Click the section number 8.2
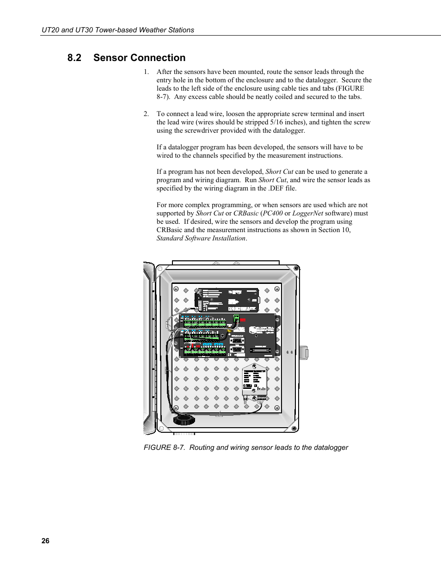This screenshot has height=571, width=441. click(74, 58)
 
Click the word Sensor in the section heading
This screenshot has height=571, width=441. click(110, 58)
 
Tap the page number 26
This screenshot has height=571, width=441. click(45, 540)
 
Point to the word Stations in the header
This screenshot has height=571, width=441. click(181, 30)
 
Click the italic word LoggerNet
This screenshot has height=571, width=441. click(307, 213)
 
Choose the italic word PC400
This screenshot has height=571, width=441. click(273, 213)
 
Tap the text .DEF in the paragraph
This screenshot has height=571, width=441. click(276, 188)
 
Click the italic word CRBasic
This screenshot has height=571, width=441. click(246, 213)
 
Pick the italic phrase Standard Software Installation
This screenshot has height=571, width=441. click(201, 238)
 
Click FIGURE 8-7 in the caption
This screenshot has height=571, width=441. click(164, 448)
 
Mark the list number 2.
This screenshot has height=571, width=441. click(146, 114)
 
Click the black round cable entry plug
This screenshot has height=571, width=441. click(184, 419)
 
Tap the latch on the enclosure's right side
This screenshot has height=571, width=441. click(304, 352)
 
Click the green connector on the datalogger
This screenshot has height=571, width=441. click(236, 319)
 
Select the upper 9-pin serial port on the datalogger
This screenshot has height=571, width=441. click(237, 340)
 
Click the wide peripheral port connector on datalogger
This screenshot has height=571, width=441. click(261, 350)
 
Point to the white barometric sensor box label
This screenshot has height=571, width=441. click(254, 380)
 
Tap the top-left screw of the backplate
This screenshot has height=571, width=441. click(176, 289)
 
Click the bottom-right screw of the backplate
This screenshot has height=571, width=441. click(277, 408)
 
